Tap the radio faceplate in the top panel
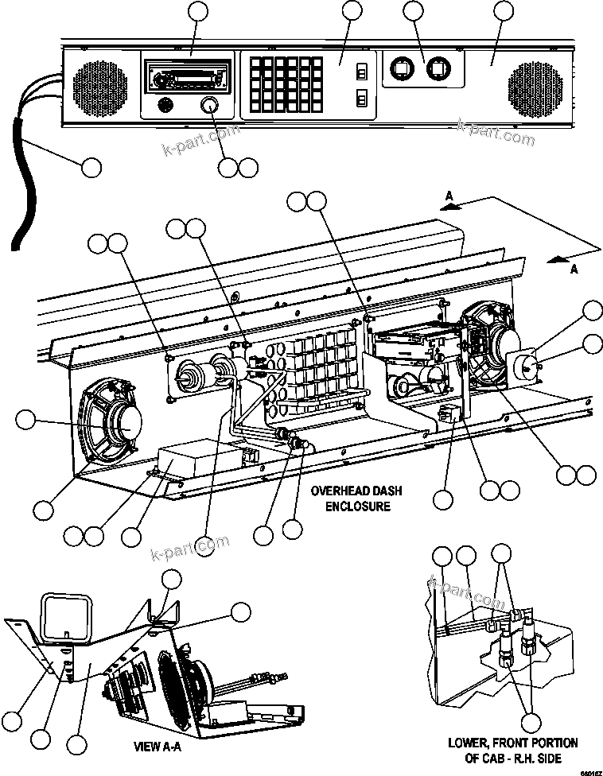(187, 80)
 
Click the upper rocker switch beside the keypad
(361, 72)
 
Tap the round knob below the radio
(209, 106)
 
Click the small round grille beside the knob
(165, 105)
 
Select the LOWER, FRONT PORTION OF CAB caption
(513, 750)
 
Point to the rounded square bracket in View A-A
(69, 617)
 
